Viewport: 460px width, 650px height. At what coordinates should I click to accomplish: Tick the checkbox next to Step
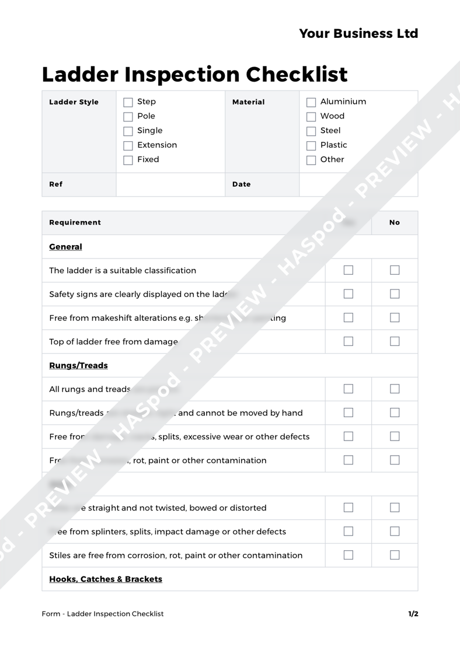[128, 102]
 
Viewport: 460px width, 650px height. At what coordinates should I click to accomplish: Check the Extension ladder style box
[128, 145]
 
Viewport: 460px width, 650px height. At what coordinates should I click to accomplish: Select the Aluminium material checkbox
[311, 102]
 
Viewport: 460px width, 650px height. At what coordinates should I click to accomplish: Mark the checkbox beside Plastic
[311, 145]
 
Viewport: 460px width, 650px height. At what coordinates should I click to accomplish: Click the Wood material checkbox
[311, 117]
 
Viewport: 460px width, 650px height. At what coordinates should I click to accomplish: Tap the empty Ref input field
[170, 184]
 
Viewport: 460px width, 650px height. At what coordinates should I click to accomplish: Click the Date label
[241, 184]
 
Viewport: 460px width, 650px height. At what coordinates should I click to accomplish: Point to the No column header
[395, 222]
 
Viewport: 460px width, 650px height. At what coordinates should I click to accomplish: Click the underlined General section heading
[65, 247]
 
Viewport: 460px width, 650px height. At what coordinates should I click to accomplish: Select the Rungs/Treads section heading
[78, 366]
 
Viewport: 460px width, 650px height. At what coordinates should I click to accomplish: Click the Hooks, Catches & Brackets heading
[106, 579]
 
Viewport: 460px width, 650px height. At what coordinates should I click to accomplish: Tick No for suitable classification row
[395, 270]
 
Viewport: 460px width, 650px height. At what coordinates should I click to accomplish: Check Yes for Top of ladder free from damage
[349, 342]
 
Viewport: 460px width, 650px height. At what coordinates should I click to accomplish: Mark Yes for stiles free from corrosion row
[349, 555]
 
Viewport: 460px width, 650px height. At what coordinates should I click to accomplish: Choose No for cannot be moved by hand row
[395, 413]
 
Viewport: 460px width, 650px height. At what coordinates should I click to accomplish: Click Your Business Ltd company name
[358, 33]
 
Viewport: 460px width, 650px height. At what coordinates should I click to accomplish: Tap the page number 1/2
[413, 614]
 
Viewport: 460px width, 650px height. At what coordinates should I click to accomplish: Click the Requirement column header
[75, 222]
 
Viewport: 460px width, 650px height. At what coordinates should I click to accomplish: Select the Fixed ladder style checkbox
[128, 160]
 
